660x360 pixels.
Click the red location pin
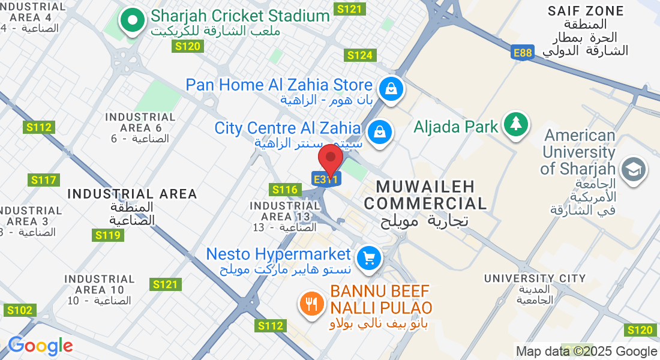(330, 159)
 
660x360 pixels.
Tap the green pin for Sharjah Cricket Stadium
(132, 21)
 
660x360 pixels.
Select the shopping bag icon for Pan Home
(391, 89)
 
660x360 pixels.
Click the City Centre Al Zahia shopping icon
(379, 130)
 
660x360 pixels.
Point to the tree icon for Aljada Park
(515, 124)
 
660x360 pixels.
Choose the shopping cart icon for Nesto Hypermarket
(368, 259)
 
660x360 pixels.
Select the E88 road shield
(523, 53)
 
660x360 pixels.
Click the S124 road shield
(360, 55)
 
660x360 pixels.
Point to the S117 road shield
(44, 180)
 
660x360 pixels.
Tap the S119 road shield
(108, 235)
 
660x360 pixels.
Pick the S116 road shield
(285, 190)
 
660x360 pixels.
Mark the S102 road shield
(19, 310)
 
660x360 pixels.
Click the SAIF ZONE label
(586, 11)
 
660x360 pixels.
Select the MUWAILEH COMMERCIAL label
(425, 194)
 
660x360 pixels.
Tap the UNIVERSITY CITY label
(535, 278)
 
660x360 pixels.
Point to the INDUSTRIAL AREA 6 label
(140, 122)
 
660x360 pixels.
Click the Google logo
(40, 346)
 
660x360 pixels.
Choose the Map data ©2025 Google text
(586, 352)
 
